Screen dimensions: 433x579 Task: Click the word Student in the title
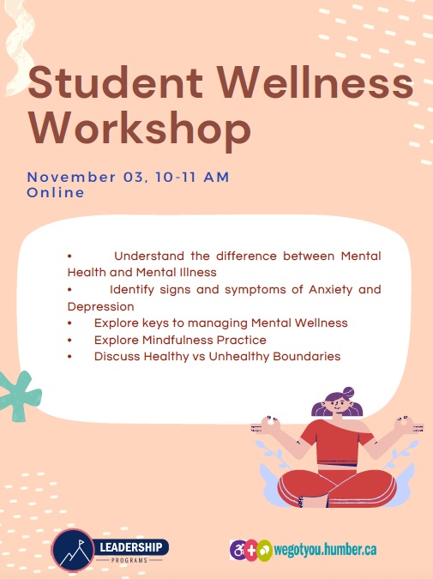pos(115,82)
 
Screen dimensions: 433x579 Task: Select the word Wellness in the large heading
pos(315,82)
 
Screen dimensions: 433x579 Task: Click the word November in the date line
pos(71,178)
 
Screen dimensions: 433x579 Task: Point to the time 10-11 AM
pos(192,178)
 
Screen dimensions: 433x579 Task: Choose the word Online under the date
pos(56,193)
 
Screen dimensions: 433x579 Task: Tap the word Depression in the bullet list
pos(101,306)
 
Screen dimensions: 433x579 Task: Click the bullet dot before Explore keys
pos(69,323)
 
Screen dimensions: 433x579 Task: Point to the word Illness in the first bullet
pos(202,273)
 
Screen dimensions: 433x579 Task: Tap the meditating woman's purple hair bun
pos(348,392)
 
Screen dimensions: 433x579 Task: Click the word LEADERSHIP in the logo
pos(131,547)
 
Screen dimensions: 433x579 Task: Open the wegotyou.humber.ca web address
pos(325,550)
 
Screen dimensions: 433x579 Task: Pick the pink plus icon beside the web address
pos(250,551)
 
